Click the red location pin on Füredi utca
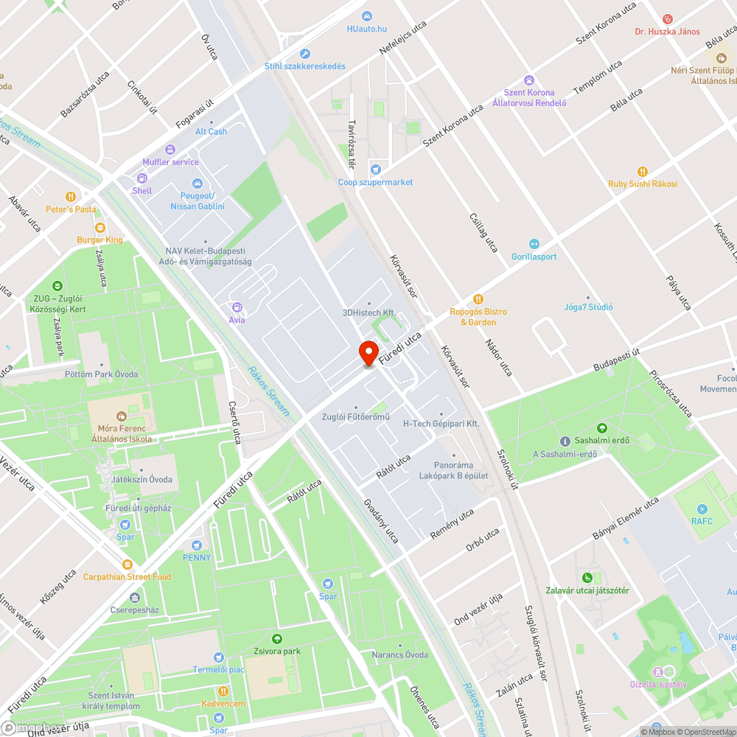pyautogui.click(x=368, y=352)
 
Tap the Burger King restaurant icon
pyautogui.click(x=100, y=228)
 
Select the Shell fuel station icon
pyautogui.click(x=142, y=178)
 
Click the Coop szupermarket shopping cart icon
pyautogui.click(x=376, y=170)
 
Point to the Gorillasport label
pyautogui.click(x=534, y=256)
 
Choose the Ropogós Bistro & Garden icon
pyautogui.click(x=478, y=299)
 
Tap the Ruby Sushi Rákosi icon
pyautogui.click(x=642, y=171)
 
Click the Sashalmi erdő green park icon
pyautogui.click(x=602, y=427)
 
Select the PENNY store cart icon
pyautogui.click(x=197, y=545)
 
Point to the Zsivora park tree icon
pyautogui.click(x=277, y=639)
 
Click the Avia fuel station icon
pyautogui.click(x=237, y=307)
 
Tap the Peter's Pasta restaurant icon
pyautogui.click(x=71, y=197)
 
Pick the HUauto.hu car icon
pyautogui.click(x=367, y=16)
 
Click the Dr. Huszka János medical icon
pyautogui.click(x=668, y=18)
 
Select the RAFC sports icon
pyautogui.click(x=702, y=509)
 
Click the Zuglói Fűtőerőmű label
pyautogui.click(x=355, y=417)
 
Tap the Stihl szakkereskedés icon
pyautogui.click(x=305, y=54)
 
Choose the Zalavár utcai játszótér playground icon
pyautogui.click(x=587, y=578)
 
